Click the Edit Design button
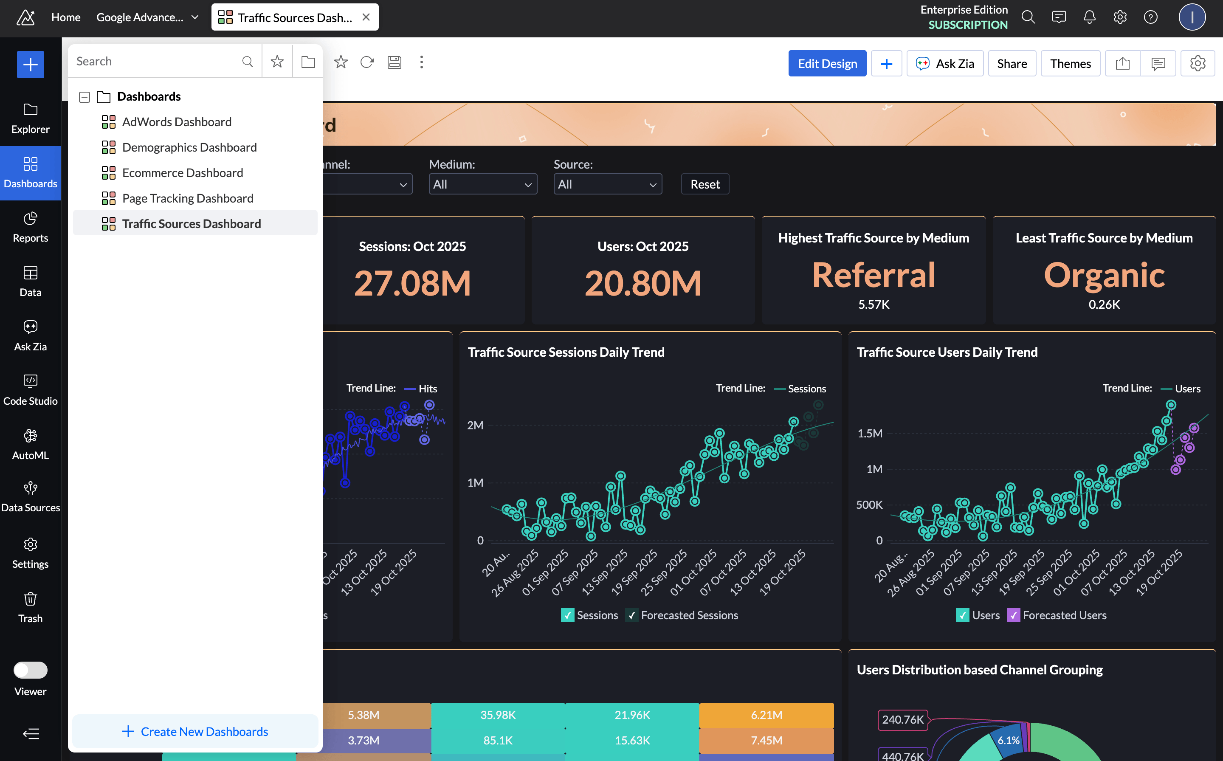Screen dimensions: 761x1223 (x=827, y=63)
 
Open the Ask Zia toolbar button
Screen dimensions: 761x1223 (x=945, y=63)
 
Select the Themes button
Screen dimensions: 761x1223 (x=1070, y=63)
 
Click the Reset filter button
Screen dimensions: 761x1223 (x=704, y=184)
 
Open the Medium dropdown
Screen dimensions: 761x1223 (x=482, y=184)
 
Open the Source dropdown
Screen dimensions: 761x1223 (x=607, y=184)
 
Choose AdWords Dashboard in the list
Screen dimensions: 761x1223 (x=177, y=122)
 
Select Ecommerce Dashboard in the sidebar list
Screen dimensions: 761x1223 (x=182, y=173)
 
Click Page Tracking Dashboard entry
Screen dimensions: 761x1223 (x=187, y=198)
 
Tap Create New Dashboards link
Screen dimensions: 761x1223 (x=195, y=731)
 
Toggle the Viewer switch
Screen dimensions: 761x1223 (x=30, y=670)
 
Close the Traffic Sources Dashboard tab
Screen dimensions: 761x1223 (x=366, y=17)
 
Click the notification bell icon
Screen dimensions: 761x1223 (x=1089, y=17)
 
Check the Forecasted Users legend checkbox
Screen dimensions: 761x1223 (x=1013, y=615)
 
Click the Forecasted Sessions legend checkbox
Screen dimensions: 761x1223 (x=631, y=615)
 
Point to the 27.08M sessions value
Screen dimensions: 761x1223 (x=412, y=283)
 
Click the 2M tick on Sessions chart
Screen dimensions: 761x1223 (x=475, y=425)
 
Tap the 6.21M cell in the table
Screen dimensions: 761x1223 (x=766, y=715)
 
